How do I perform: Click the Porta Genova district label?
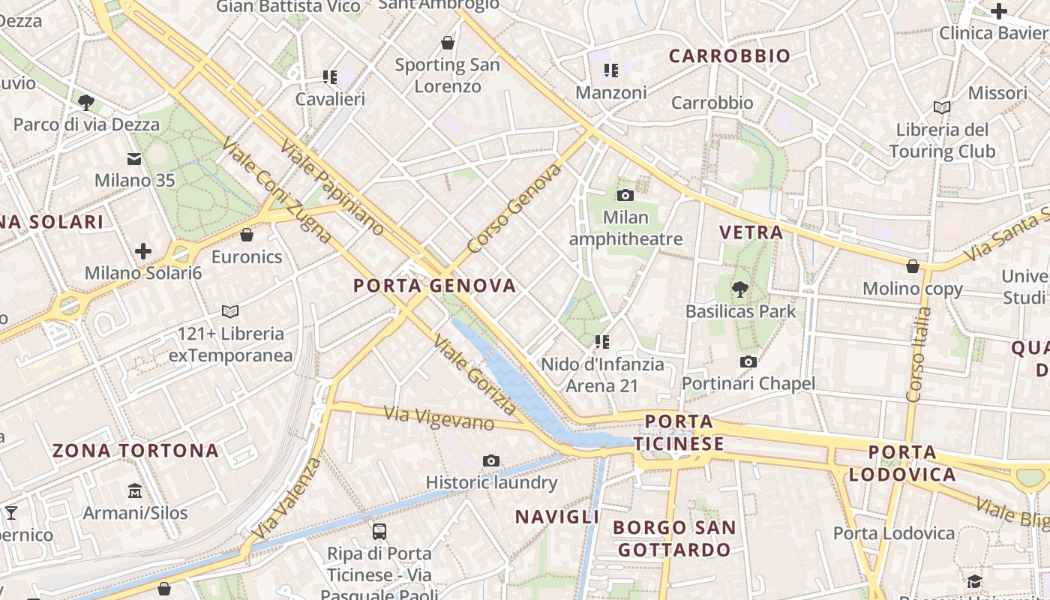click(x=434, y=286)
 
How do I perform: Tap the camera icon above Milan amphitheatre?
click(x=625, y=196)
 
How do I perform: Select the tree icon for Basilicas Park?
click(x=740, y=288)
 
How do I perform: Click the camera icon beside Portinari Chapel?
click(x=748, y=362)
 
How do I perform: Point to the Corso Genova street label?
click(x=514, y=208)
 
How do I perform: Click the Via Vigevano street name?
click(x=439, y=418)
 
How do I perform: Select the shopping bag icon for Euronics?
click(x=247, y=235)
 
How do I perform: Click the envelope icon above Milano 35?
click(x=134, y=158)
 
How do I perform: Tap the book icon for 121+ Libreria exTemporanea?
click(x=230, y=311)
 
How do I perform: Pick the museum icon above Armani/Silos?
click(x=135, y=491)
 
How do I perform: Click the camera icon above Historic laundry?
click(x=491, y=460)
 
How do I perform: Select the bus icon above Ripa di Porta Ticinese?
click(x=379, y=532)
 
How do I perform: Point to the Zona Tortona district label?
click(x=135, y=451)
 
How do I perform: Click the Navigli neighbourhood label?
click(x=556, y=517)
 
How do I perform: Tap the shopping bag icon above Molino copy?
click(x=913, y=266)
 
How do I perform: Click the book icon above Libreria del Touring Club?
click(x=942, y=107)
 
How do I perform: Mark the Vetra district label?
click(x=751, y=232)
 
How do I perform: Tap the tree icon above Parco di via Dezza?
click(x=86, y=102)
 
